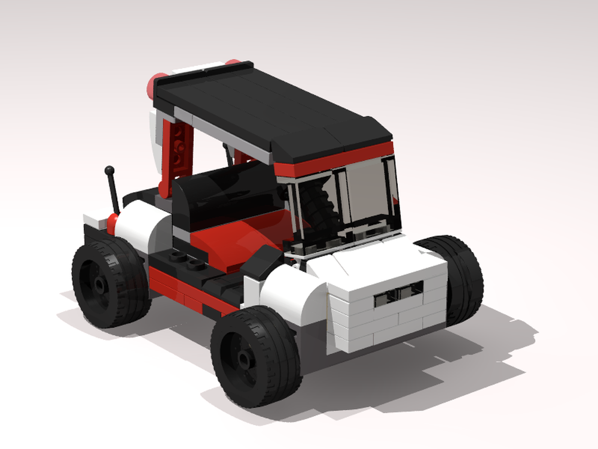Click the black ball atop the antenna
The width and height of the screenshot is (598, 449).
(109, 171)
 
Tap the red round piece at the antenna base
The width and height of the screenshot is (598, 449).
(113, 220)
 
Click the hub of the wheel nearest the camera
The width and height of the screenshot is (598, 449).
(245, 357)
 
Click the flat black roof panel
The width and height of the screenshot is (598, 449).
(269, 108)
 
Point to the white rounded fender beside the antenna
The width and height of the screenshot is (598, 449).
(141, 224)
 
